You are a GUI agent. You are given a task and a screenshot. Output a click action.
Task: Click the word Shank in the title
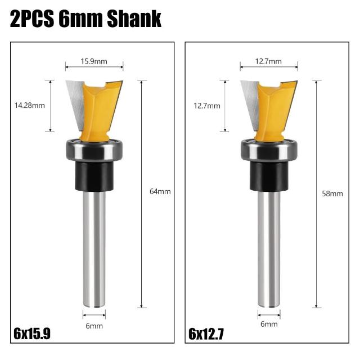(134, 19)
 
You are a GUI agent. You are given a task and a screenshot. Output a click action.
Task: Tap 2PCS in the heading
(32, 19)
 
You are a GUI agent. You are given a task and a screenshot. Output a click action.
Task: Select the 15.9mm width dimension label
(94, 61)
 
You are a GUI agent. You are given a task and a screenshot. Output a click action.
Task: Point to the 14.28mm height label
(30, 106)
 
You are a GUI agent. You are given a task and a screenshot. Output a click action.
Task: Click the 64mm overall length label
(160, 191)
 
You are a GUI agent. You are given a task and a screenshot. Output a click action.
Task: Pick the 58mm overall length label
(332, 193)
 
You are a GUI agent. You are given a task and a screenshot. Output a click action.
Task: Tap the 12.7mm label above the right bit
(268, 61)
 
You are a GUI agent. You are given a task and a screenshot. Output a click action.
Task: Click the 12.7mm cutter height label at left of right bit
(207, 106)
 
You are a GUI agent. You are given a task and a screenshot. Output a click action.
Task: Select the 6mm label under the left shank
(94, 326)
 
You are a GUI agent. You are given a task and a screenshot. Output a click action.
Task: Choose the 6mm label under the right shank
(269, 324)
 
